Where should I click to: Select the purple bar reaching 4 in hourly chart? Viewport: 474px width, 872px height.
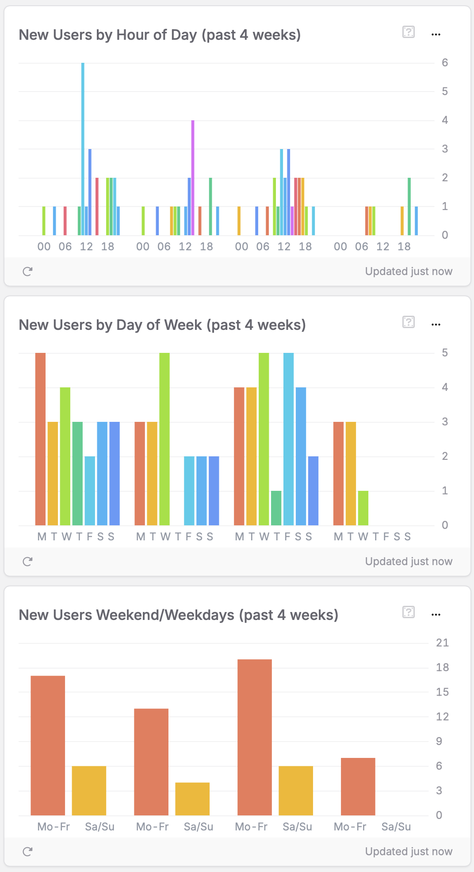pos(193,177)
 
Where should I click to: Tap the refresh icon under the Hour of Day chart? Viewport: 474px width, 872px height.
pos(27,272)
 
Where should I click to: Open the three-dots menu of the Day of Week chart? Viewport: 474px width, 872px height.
pos(436,325)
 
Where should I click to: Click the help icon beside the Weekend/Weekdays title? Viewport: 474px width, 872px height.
pos(409,612)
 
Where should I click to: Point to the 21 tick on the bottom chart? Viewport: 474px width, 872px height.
pos(442,643)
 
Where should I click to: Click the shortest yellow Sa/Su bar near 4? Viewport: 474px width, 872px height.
pos(192,799)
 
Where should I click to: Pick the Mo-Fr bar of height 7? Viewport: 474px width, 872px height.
pos(358,786)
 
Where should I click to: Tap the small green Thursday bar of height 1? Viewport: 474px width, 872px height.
pos(276,508)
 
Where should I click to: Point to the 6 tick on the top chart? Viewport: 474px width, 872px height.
pos(445,63)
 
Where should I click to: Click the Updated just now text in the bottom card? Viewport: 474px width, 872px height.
pos(409,852)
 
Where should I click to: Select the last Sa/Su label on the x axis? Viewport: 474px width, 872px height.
pos(396,827)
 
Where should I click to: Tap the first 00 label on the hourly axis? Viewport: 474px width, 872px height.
pos(44,247)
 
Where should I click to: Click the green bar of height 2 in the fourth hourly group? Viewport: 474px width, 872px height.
pos(409,206)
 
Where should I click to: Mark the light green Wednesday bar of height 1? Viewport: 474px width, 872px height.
pos(363,508)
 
